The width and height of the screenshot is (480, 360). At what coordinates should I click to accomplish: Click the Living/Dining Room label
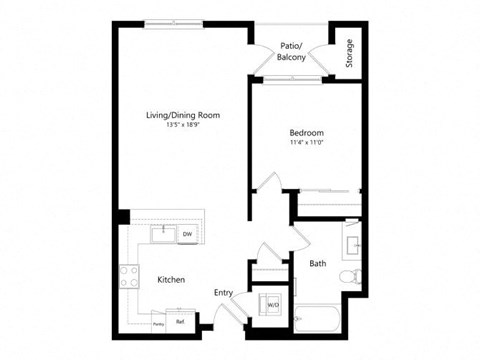pyautogui.click(x=183, y=116)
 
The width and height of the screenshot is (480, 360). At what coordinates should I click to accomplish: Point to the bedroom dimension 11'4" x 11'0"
pyautogui.click(x=305, y=142)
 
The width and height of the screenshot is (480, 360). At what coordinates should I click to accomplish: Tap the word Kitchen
pyautogui.click(x=171, y=280)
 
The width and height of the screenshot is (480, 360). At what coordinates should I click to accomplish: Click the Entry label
pyautogui.click(x=223, y=292)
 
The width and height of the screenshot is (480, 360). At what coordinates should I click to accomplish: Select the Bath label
pyautogui.click(x=318, y=264)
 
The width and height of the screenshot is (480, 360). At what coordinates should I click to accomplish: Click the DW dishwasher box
pyautogui.click(x=187, y=235)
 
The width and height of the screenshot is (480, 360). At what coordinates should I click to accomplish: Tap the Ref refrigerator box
pyautogui.click(x=181, y=322)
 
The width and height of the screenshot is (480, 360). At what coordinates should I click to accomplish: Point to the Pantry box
pyautogui.click(x=158, y=322)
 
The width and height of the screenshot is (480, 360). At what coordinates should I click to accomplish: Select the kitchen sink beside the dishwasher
pyautogui.click(x=160, y=234)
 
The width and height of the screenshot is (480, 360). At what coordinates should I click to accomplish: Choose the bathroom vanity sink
pyautogui.click(x=351, y=244)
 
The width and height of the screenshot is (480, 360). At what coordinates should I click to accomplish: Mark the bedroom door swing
pyautogui.click(x=267, y=185)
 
